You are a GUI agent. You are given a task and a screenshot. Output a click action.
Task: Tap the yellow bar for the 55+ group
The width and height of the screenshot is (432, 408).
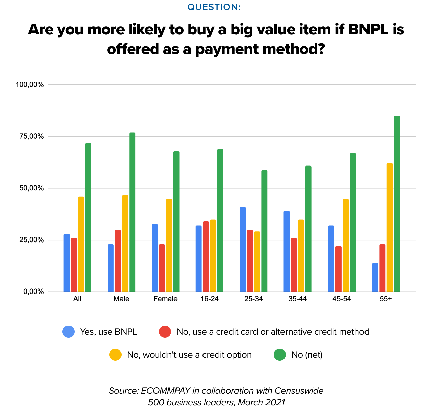(389, 228)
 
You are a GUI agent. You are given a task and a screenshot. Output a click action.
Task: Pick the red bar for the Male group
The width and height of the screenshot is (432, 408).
(118, 261)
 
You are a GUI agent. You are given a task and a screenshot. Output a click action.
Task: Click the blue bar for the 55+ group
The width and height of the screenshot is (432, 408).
(375, 277)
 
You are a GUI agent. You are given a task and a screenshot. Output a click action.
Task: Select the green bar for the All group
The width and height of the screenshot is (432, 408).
(88, 218)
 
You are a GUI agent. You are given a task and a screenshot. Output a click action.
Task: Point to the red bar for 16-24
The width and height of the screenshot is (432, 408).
(206, 257)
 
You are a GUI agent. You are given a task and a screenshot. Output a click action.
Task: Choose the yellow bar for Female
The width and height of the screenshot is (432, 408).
(169, 246)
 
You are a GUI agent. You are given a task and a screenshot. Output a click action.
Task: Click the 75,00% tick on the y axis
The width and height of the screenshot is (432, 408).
(29, 136)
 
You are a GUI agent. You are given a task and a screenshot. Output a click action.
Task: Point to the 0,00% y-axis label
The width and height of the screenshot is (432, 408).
(33, 292)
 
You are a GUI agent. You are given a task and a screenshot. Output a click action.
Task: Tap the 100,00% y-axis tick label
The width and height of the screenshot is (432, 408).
(29, 84)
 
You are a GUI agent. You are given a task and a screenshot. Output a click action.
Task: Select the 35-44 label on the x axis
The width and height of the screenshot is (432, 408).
(298, 299)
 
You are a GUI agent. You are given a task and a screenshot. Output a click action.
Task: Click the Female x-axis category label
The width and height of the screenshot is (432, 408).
(165, 299)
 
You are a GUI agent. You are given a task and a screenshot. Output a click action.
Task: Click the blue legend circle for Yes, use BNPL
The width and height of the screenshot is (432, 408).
(69, 332)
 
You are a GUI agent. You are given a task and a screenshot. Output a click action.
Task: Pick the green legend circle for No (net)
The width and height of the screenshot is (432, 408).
(280, 355)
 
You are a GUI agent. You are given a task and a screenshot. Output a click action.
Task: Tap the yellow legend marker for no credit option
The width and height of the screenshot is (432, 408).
(115, 355)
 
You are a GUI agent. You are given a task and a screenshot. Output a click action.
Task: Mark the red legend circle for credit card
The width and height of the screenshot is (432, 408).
(165, 332)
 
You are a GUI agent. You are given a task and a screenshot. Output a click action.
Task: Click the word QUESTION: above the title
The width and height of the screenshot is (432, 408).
(214, 7)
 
